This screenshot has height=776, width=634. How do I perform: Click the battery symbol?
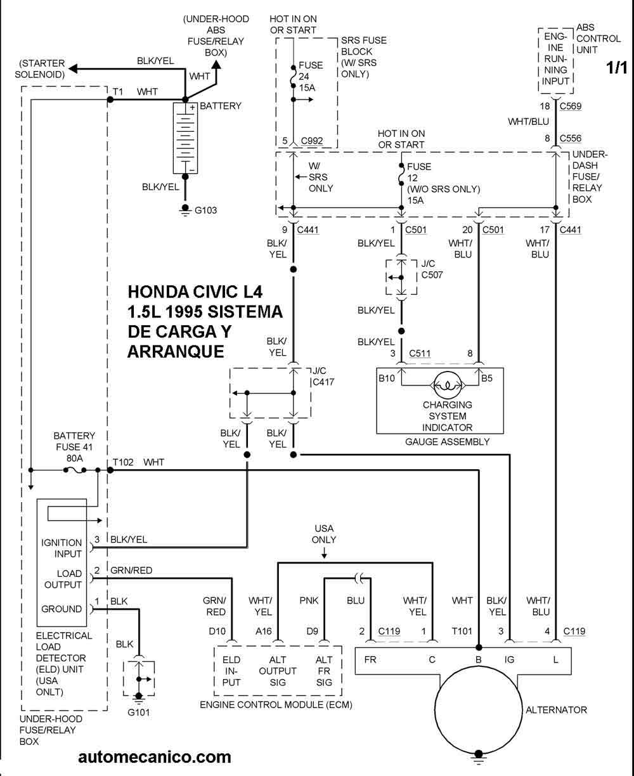coord(185,137)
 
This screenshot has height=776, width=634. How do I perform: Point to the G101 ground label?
coord(138,712)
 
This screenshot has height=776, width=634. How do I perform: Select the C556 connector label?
coord(572,138)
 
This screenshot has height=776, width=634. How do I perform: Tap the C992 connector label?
coord(313,141)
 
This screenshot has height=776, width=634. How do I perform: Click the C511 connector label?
coord(420,353)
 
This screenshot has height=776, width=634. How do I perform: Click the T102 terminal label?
coord(123,462)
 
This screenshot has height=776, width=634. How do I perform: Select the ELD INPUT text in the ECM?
coord(231,671)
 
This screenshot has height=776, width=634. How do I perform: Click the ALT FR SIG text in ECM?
coord(325,671)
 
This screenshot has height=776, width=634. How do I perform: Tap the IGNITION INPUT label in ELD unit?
coord(61,548)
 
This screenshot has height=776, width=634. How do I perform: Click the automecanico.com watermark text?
coord(155,756)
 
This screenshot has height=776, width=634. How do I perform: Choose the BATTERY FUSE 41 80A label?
coord(74,446)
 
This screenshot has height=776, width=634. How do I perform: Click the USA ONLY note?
coord(323,534)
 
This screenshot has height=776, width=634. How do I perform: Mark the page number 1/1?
coord(617,68)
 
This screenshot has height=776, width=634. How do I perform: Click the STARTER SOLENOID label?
coord(41,68)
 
